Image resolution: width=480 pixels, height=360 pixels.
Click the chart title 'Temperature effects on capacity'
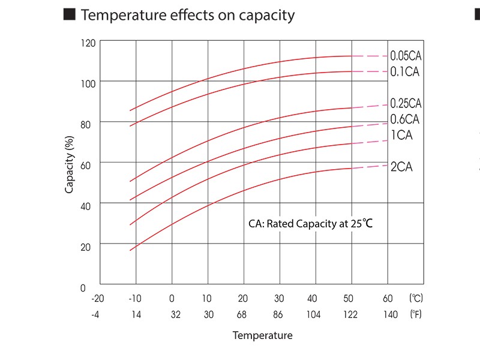click(187, 16)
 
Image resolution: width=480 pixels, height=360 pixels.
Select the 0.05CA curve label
click(406, 56)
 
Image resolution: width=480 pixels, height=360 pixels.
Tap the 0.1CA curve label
click(404, 71)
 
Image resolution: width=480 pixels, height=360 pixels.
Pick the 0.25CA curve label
click(406, 103)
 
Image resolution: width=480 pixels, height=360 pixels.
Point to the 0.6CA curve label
click(404, 119)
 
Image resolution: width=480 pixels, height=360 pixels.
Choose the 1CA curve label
click(401, 135)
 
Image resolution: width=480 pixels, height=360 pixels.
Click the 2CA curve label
click(401, 167)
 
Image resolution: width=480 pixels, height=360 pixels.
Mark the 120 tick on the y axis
click(88, 44)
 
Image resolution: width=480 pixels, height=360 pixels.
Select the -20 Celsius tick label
click(97, 298)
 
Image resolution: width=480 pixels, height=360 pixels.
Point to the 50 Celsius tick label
click(348, 298)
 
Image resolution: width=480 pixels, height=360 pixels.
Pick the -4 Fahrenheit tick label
click(95, 314)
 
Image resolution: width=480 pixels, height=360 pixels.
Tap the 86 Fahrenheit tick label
click(278, 314)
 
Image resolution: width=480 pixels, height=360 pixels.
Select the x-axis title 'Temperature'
click(262, 335)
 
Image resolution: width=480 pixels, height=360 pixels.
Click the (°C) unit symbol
click(416, 298)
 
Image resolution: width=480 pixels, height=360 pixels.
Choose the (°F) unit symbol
click(415, 314)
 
